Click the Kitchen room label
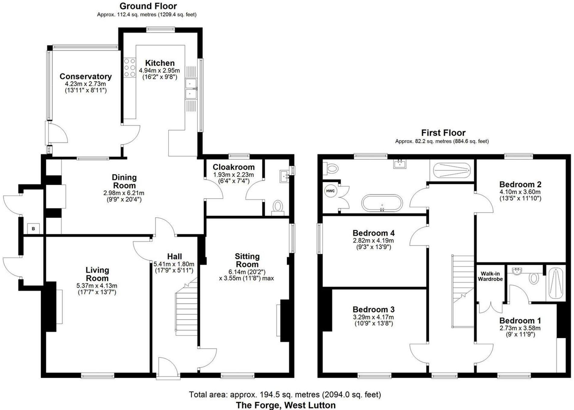coord(160,63)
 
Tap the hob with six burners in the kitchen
coord(130,67)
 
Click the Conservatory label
coord(86,76)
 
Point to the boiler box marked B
coord(33,229)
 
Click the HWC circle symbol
coord(330,191)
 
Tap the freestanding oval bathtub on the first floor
coord(382,203)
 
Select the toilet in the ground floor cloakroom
coord(278,208)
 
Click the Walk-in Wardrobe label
coord(490,276)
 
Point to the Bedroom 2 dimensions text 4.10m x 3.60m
coord(520,192)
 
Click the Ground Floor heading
coord(148,6)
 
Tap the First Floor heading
coord(443,133)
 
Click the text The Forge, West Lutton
coord(285,405)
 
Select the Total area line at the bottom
coord(285,394)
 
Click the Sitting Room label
coord(247,260)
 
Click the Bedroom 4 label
coord(373,233)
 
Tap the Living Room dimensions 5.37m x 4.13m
coord(97,285)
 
